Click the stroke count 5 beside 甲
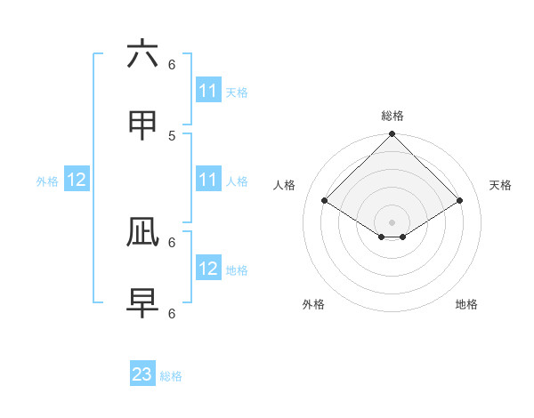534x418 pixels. pos(172,135)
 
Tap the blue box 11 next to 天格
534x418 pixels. pos(208,91)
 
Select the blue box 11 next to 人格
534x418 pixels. pos(208,180)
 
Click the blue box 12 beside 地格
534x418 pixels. pos(208,269)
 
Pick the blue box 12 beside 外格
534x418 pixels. pos(77,180)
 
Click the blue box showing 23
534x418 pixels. pos(142,374)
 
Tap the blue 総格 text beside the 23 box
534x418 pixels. pos(171,376)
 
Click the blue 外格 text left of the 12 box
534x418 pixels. pos(47,181)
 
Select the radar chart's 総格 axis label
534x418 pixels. pos(392,116)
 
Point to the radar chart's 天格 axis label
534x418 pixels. pos(500,185)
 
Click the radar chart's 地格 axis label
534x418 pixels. pos(466,304)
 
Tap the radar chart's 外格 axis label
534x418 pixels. pos(313,304)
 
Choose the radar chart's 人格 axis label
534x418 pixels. pos(285,185)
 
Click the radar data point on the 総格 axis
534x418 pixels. pos(392,135)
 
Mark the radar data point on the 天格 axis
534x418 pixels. pos(460,201)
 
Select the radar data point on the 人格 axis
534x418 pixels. pos(325,201)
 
